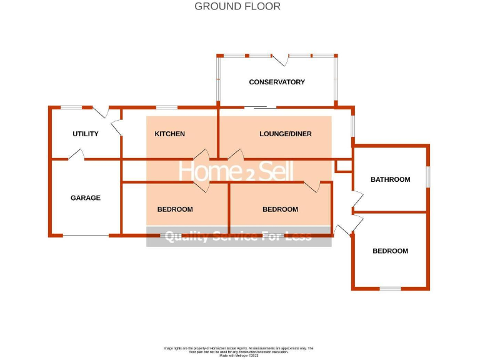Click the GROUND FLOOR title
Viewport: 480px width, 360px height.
point(237,7)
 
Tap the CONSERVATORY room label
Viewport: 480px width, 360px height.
point(277,82)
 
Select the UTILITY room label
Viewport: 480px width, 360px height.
point(86,134)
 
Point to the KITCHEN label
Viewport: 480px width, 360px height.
point(169,134)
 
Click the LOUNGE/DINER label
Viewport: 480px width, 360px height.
point(286,134)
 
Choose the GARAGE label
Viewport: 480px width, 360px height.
point(86,198)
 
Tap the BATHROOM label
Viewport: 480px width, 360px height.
point(391,179)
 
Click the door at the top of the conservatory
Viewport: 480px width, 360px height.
point(280,59)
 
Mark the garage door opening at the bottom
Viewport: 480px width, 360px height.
point(86,236)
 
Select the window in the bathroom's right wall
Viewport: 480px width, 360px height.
point(428,176)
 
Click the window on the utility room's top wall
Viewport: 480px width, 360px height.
point(71,107)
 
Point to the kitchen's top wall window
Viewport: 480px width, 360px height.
point(166,107)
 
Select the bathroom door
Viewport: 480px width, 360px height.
point(356,199)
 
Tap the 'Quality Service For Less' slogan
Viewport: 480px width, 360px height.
point(238,236)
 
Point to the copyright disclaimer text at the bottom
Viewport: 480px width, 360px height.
point(238,351)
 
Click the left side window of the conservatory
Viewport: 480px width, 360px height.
point(218,79)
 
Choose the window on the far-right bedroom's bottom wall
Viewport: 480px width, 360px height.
point(391,289)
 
